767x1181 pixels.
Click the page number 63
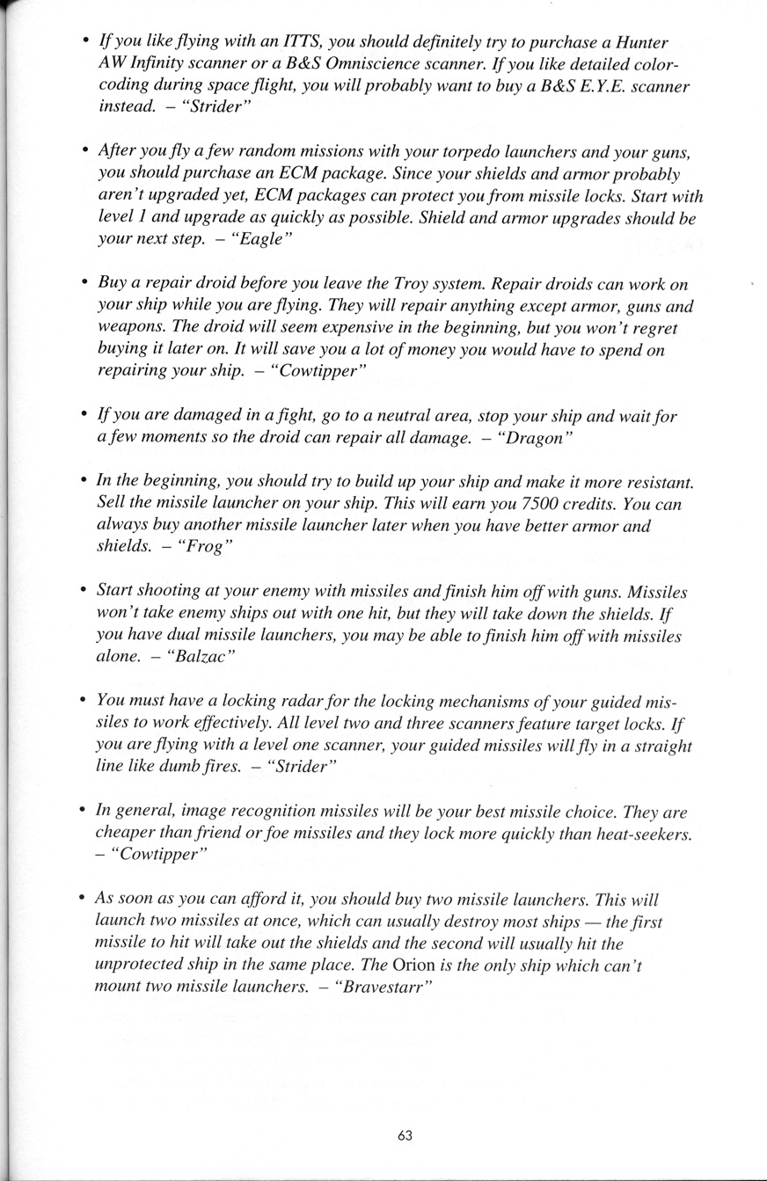[x=405, y=1135]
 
